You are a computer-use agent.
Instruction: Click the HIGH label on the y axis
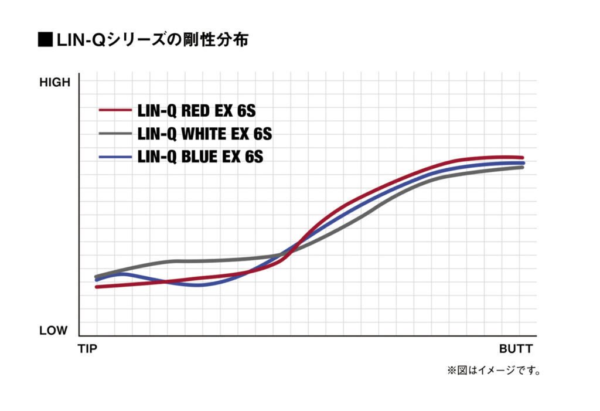tap(54, 83)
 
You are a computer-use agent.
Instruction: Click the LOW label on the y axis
tap(53, 331)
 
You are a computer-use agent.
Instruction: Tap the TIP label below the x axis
tap(87, 349)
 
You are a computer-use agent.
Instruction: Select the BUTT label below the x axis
tap(516, 349)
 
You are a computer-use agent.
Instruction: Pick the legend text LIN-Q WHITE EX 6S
tap(204, 134)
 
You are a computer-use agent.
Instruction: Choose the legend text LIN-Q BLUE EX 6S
tap(199, 157)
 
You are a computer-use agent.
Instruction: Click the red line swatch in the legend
tap(115, 110)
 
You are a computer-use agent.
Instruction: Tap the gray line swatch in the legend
tap(115, 134)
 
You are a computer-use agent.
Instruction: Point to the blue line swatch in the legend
tap(115, 157)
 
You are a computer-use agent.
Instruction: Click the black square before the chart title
tap(45, 40)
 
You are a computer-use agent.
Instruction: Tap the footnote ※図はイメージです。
tap(494, 371)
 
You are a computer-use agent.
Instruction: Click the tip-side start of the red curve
tap(97, 287)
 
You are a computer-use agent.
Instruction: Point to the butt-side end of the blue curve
tap(522, 162)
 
